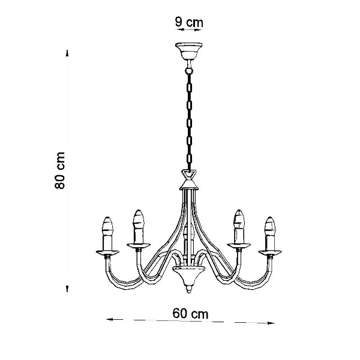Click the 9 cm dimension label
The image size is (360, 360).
(189, 23)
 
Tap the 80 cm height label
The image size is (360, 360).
(59, 170)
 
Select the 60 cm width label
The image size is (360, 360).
(190, 313)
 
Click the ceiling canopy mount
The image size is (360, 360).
(189, 51)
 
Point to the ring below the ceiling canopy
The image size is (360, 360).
(189, 70)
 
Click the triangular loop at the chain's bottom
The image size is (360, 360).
(189, 174)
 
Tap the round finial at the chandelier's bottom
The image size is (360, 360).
(189, 289)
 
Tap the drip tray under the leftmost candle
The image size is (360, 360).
(107, 253)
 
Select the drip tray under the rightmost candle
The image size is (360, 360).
(270, 253)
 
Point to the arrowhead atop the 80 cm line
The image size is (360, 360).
(67, 53)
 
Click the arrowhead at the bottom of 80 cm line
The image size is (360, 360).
(67, 289)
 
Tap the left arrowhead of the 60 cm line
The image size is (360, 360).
(110, 319)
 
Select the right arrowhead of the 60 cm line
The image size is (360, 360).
(271, 323)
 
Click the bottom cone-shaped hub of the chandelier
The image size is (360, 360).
(189, 276)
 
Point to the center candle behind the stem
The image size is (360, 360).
(189, 241)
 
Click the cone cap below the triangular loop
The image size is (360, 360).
(189, 184)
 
